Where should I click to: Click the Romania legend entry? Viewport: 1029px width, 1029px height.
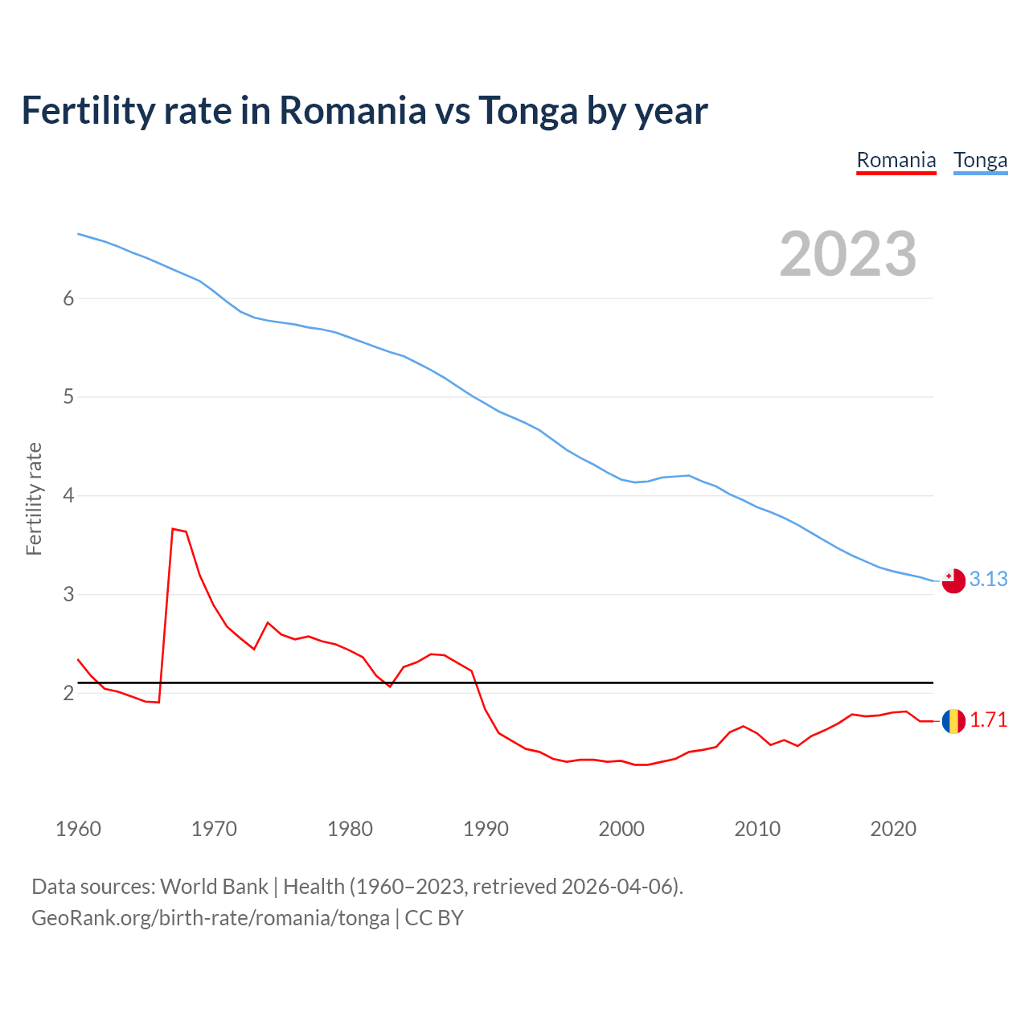[x=896, y=160]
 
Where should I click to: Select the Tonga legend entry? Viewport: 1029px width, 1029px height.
[x=980, y=160]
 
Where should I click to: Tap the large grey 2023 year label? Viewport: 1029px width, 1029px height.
[x=847, y=254]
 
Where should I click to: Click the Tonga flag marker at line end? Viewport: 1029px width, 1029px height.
[x=953, y=580]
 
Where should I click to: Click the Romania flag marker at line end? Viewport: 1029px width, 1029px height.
[x=953, y=721]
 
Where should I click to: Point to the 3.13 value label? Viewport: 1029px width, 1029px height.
[x=988, y=579]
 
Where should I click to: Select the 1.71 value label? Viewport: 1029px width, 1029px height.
[x=988, y=719]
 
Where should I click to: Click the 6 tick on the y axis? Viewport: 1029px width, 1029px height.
[x=68, y=298]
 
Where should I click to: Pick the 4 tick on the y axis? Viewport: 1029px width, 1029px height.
[x=68, y=495]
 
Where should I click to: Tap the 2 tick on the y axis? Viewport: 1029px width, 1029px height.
[x=68, y=693]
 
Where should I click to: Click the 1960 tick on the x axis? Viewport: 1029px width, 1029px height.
[x=78, y=829]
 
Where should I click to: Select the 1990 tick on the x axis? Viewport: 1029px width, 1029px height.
[x=486, y=829]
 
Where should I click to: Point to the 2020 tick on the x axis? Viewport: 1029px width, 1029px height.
[x=893, y=829]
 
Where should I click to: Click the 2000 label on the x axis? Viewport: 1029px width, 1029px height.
[x=621, y=829]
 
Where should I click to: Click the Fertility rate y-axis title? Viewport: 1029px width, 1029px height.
[x=34, y=498]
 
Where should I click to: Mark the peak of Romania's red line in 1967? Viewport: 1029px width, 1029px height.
[x=173, y=529]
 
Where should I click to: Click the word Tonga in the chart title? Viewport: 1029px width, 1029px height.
[x=527, y=110]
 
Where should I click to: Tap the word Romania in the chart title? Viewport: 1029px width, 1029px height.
[x=352, y=110]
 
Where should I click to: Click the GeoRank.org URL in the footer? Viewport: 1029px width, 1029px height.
[x=211, y=917]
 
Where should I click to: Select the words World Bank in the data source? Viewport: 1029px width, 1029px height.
[x=214, y=886]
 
